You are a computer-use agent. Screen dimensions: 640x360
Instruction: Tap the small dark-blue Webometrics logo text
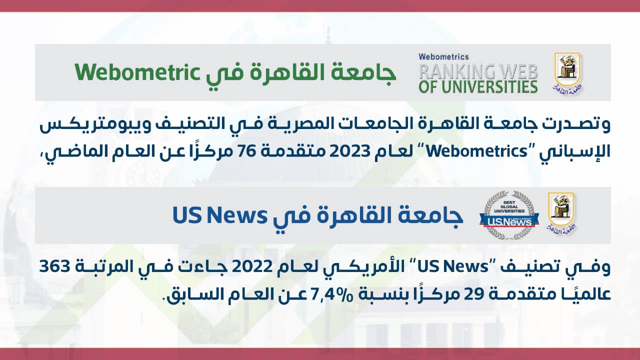click(x=443, y=57)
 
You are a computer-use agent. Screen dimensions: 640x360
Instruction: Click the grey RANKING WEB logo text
click(x=478, y=71)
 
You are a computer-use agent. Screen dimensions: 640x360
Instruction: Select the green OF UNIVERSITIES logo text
click(x=478, y=87)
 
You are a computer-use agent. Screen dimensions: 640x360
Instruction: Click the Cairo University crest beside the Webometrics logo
click(x=567, y=73)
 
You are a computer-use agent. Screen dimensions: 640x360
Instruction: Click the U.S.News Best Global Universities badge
click(x=509, y=215)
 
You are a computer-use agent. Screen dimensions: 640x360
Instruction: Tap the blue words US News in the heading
click(x=219, y=215)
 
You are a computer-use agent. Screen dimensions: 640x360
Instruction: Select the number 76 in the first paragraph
click(x=250, y=151)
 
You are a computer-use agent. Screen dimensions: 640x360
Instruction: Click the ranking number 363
click(x=54, y=266)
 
